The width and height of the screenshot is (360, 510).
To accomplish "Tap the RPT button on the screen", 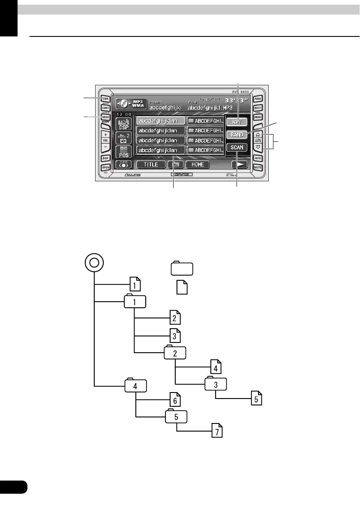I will tap(237, 122).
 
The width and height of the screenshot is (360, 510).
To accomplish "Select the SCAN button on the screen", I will tap(237, 147).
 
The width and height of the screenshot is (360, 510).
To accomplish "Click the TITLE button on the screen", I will tap(150, 164).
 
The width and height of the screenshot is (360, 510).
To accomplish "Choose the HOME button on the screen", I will tap(198, 164).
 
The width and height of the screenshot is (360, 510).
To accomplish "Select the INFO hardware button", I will tap(258, 158).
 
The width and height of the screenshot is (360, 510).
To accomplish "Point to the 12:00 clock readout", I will tap(124, 115).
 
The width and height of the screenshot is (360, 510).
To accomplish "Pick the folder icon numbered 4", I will tap(135, 385).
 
